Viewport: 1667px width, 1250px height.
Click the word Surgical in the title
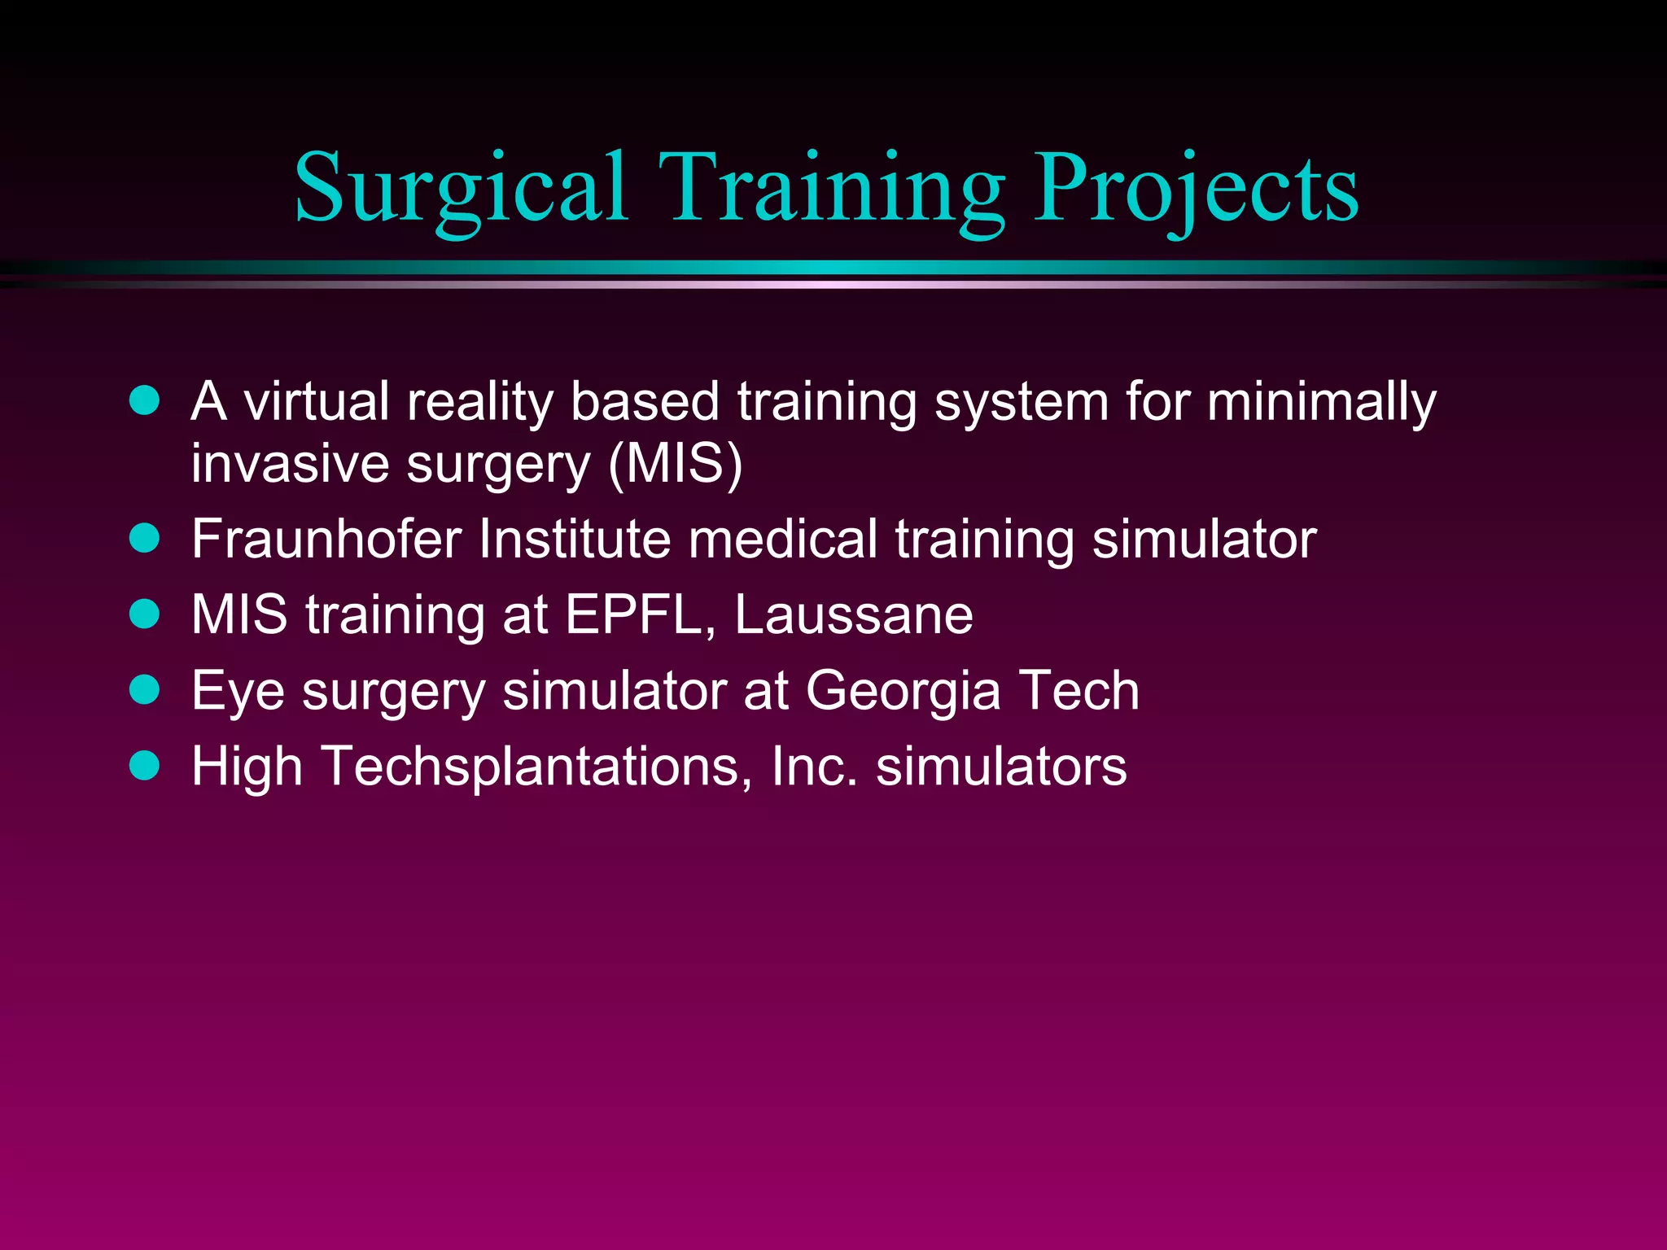click(461, 189)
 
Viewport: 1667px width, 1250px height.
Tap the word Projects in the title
click(1196, 189)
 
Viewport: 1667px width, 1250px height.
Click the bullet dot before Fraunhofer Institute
click(145, 538)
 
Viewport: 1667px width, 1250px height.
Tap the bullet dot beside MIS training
click(145, 614)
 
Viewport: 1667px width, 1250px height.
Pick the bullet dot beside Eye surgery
click(145, 689)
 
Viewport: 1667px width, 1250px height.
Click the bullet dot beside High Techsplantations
click(145, 765)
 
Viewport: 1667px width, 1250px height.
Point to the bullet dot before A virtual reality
click(145, 400)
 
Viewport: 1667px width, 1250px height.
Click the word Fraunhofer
click(326, 539)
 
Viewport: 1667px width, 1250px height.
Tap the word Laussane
click(853, 614)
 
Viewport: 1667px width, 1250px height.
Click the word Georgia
click(903, 692)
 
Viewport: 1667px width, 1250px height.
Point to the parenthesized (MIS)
click(675, 464)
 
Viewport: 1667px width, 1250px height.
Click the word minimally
click(1321, 403)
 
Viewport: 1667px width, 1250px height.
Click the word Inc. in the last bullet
click(815, 767)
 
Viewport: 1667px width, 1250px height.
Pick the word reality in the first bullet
click(479, 403)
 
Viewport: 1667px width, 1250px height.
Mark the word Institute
click(575, 539)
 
